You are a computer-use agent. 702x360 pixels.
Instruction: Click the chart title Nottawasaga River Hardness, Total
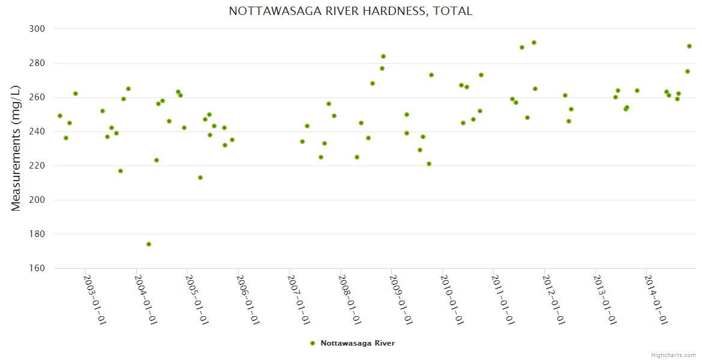coord(350,11)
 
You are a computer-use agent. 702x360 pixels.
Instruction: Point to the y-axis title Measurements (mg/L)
coord(16,148)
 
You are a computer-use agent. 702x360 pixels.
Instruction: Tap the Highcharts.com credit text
coord(673,355)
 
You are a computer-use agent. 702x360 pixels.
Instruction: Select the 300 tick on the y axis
coord(37,29)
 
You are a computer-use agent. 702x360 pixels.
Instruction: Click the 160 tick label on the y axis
coord(37,268)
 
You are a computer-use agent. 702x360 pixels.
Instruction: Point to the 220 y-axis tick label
coord(37,166)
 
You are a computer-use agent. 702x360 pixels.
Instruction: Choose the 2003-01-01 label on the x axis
coord(94,300)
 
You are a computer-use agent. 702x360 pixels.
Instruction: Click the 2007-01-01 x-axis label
coord(298,300)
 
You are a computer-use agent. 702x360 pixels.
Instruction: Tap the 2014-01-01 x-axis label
coord(656,300)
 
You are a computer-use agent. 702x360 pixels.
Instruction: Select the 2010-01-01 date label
coord(452,300)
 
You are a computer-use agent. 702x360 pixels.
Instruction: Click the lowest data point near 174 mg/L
coord(149,244)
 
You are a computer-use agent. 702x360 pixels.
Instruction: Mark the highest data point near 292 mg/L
coord(534,43)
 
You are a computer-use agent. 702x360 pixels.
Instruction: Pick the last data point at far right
coord(689,46)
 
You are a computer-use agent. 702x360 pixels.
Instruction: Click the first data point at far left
coord(60,116)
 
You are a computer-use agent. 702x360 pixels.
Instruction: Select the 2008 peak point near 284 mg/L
coord(383,56)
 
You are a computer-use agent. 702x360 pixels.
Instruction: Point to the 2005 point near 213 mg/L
coord(200,178)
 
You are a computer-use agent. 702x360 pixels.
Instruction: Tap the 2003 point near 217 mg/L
coord(121,171)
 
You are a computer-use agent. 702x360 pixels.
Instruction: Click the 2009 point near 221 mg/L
coord(429,164)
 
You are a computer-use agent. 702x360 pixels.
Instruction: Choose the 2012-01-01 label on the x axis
coord(554,300)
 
